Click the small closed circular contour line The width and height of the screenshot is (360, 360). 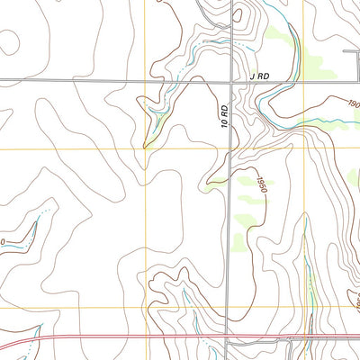10,41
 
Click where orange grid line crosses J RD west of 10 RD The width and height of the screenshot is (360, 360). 145,82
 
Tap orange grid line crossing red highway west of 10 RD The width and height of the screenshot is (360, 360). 144,337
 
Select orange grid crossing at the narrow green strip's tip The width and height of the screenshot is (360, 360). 145,147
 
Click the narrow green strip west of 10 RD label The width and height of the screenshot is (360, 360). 157,117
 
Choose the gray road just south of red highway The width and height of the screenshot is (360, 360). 270,343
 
